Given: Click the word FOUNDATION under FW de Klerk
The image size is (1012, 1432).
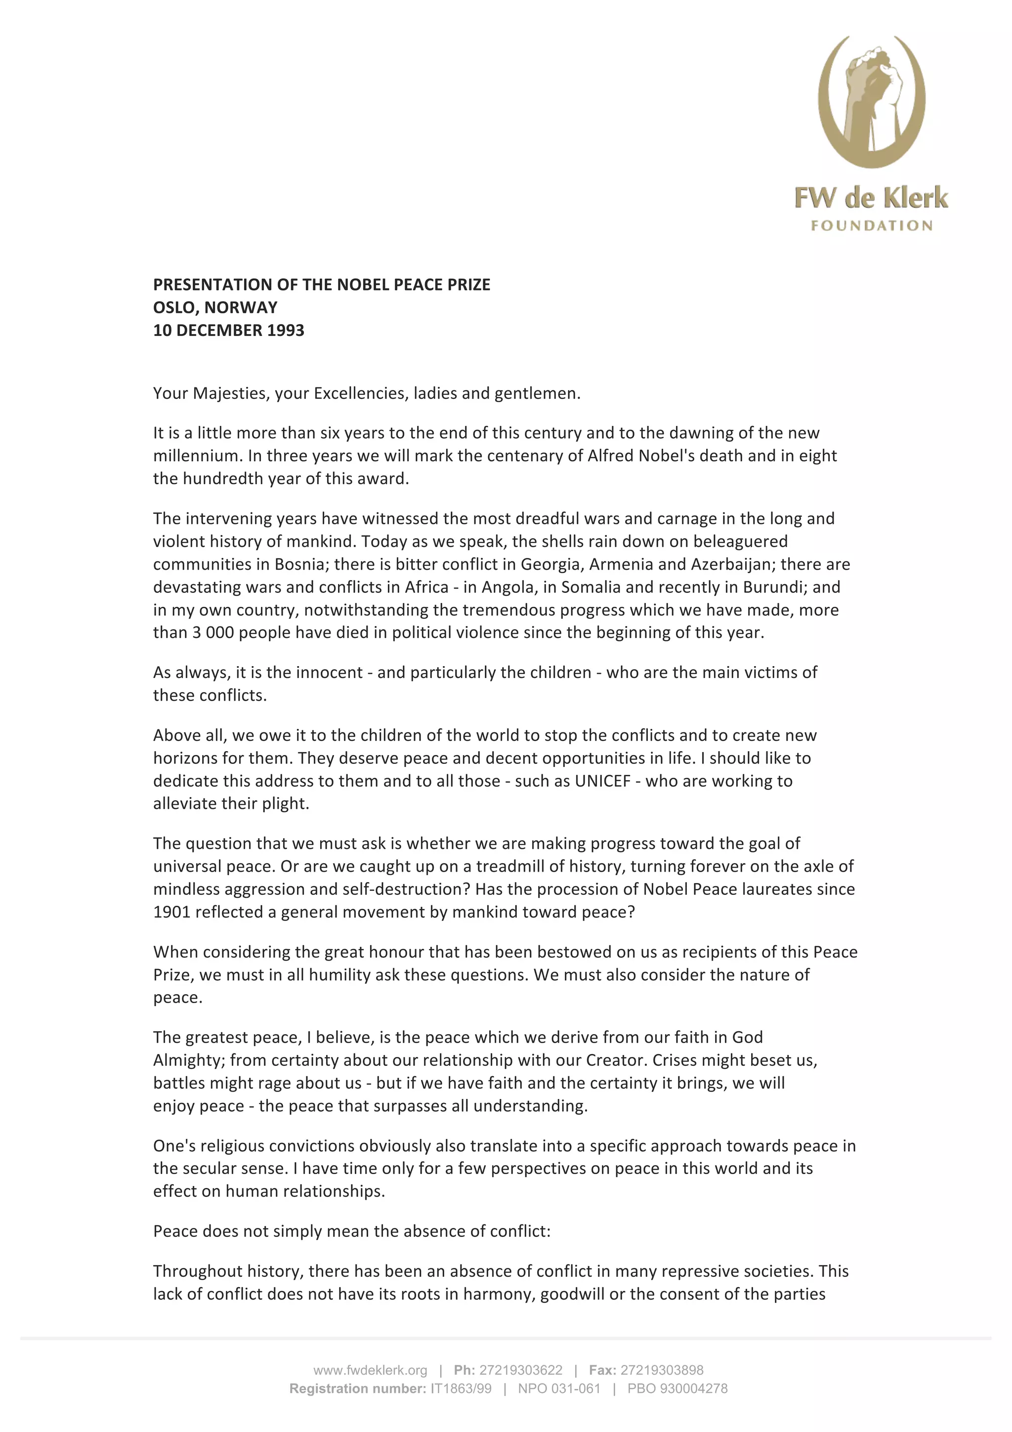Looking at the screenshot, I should pos(871,226).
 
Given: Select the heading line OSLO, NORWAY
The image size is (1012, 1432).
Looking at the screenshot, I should pos(215,307).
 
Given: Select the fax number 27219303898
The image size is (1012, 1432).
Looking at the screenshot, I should pos(662,1370).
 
